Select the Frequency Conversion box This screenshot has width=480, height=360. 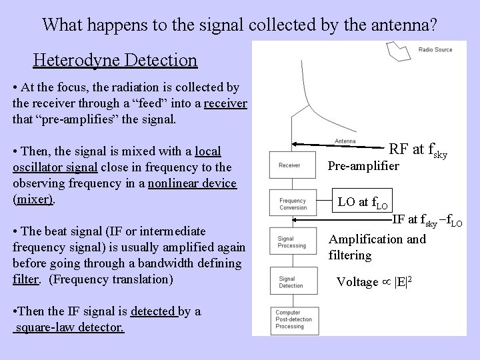292,203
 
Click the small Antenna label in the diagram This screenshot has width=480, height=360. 345,142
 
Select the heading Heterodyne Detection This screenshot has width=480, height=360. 115,61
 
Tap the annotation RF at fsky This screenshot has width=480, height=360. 417,149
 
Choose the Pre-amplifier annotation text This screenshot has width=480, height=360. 363,165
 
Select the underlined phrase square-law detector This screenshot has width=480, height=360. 69,328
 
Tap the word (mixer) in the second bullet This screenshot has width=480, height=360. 33,199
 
